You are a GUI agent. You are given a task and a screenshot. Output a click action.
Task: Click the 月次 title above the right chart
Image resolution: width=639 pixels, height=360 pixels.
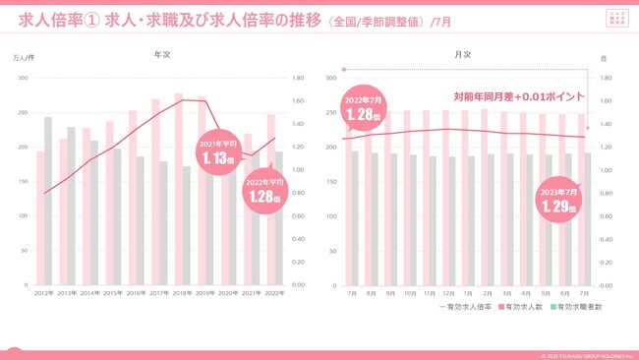[x=463, y=55]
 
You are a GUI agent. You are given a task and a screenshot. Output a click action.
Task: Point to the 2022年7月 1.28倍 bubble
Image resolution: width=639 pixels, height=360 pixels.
[x=363, y=110]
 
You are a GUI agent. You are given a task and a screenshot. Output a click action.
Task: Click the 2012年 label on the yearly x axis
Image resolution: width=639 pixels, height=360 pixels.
[x=44, y=293]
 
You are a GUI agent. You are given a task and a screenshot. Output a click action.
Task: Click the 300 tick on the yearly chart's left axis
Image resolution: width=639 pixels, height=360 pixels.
[x=23, y=78]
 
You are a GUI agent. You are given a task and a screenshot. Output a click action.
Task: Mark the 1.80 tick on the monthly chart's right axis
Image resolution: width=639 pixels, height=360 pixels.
[x=606, y=78]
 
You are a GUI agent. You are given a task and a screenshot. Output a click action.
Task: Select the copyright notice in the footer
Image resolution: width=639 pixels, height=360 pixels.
[x=586, y=356]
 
